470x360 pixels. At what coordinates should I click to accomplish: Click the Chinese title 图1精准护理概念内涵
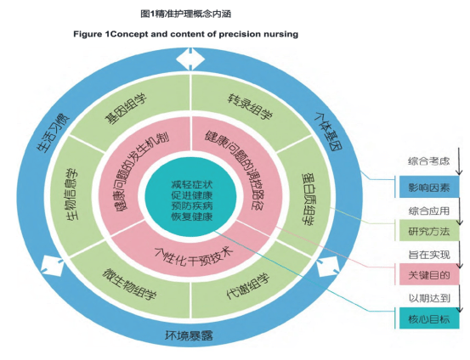186,14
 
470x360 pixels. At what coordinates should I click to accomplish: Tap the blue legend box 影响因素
429,187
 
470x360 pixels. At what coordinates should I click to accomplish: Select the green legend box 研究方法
429,231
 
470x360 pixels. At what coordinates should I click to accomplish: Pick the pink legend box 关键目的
429,274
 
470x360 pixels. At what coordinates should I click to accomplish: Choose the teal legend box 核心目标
429,318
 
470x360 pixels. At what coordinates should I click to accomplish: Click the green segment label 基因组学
126,109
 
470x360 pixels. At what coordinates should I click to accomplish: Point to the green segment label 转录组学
250,107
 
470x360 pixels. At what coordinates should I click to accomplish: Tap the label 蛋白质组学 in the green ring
309,199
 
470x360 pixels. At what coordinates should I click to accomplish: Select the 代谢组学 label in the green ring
248,285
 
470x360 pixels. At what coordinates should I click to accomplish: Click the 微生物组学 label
129,284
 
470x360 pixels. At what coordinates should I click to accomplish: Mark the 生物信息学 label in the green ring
71,194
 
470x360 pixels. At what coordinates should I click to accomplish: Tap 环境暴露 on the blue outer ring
189,335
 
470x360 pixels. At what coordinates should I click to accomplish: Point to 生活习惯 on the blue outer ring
53,132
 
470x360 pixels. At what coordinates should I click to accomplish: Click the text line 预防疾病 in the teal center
192,205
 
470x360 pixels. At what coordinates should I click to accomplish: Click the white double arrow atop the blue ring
190,59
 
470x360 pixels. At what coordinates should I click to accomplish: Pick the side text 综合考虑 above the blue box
428,161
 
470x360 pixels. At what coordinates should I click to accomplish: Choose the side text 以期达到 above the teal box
429,298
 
